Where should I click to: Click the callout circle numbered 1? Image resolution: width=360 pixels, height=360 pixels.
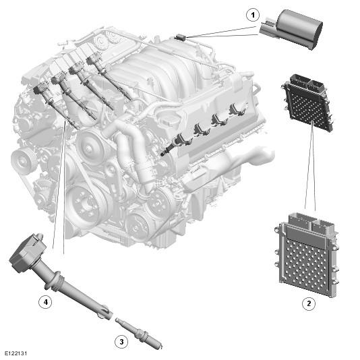253,15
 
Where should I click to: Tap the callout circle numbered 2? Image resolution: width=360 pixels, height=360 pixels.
309,303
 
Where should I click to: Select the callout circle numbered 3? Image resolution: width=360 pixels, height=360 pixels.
121,342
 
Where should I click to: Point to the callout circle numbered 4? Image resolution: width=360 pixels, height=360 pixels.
46,302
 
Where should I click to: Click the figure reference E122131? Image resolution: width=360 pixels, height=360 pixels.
16,353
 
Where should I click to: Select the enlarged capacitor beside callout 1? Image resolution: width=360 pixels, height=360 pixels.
292,29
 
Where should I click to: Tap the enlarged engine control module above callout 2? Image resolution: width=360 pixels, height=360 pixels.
307,255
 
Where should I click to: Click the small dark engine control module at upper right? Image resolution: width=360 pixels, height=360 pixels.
307,103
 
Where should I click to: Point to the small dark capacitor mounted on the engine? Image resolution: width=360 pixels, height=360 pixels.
181,38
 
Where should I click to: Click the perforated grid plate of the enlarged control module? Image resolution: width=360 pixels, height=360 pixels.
305,266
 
